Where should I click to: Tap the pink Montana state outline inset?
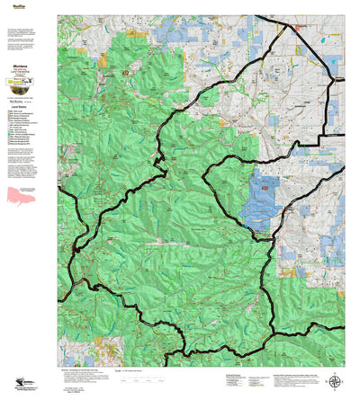pos(22,195)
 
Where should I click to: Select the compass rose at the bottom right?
pos(336,383)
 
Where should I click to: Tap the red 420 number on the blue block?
pos(265,189)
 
